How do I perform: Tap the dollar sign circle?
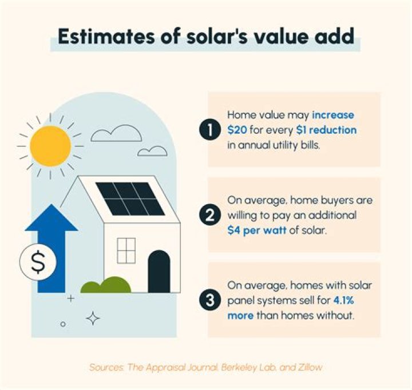(x=38, y=261)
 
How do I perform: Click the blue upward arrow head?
(x=51, y=218)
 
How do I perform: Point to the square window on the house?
(x=125, y=250)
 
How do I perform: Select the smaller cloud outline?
(x=152, y=151)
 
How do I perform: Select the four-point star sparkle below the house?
(x=93, y=317)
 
